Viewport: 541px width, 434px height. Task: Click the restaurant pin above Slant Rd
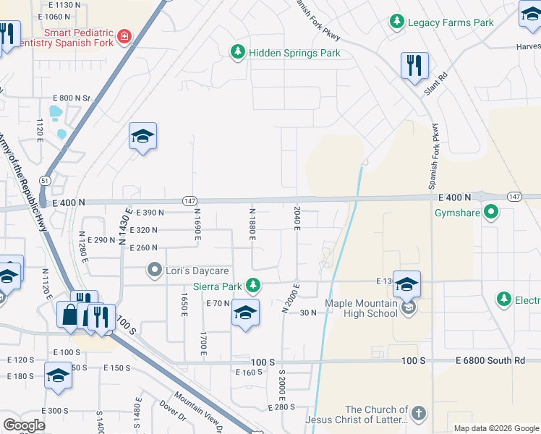[414, 66]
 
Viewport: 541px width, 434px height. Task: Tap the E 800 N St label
[71, 98]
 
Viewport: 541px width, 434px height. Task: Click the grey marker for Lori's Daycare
[153, 271]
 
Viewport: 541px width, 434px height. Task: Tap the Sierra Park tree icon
[253, 284]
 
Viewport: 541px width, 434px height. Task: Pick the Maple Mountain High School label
[362, 308]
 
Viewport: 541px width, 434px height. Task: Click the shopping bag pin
[69, 315]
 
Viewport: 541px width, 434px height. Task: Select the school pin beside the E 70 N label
[245, 313]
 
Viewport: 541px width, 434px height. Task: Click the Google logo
[25, 425]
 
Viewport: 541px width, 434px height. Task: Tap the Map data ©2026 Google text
[495, 428]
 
